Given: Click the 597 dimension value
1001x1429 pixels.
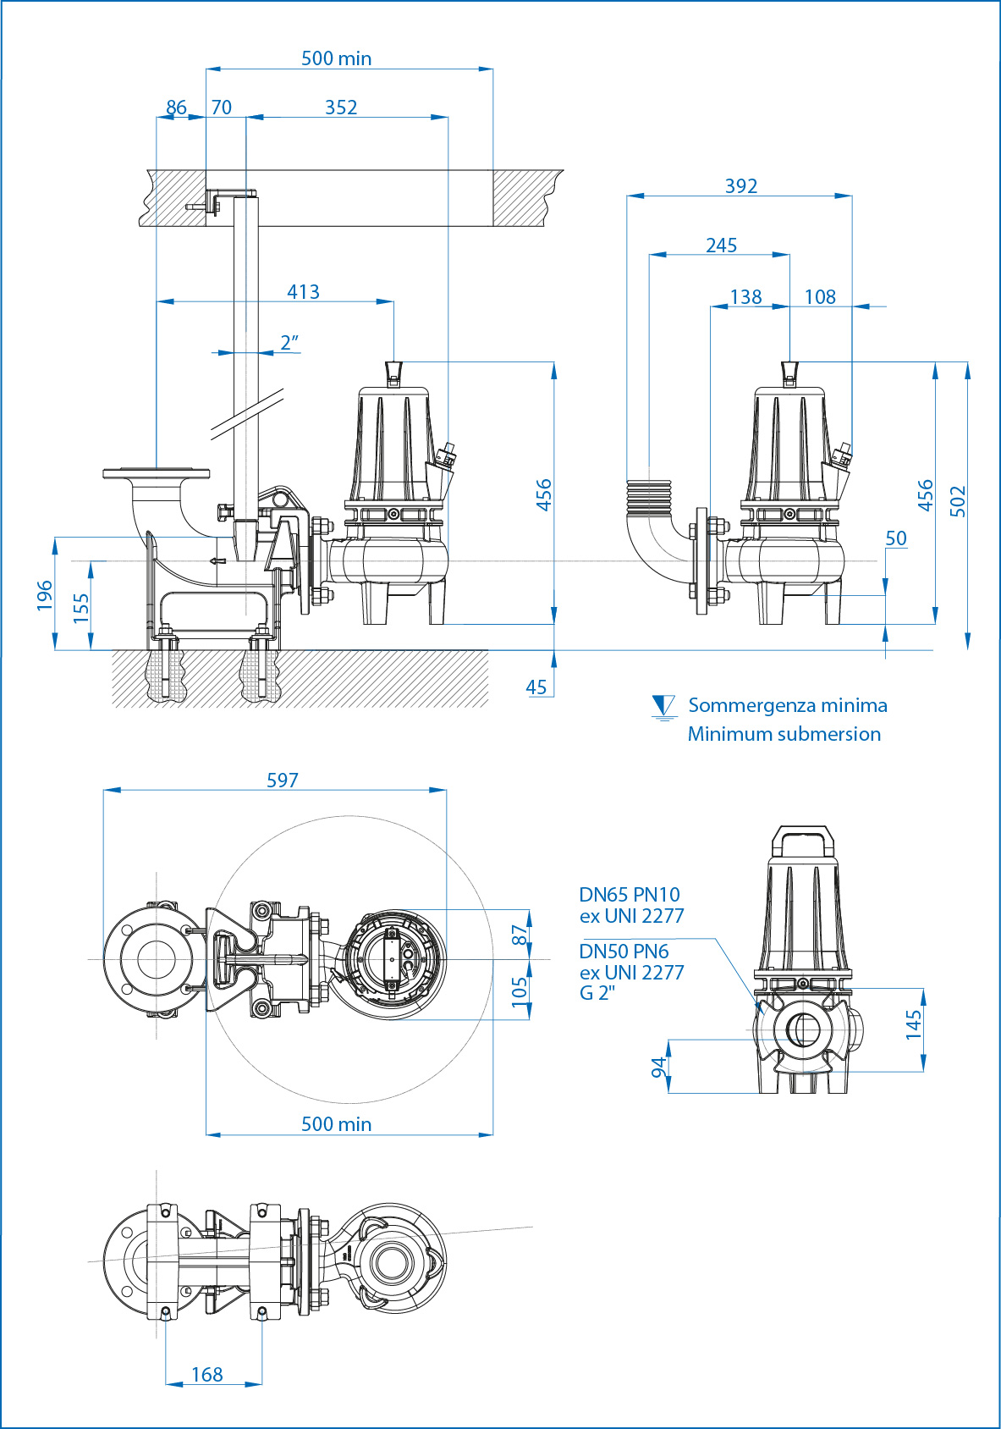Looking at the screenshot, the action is [283, 780].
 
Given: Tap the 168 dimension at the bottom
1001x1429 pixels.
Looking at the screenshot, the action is [207, 1374].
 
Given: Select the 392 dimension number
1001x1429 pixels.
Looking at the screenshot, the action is [741, 185].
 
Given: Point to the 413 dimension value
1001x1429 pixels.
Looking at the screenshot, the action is [303, 291].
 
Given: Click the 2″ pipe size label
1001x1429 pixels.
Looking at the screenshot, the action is [289, 343].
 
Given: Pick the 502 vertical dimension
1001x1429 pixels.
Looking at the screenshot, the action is [957, 501].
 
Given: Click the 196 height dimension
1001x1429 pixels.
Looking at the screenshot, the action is [44, 595].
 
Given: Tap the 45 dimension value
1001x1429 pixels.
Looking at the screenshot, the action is [536, 687].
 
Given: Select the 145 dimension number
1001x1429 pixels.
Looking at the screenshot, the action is [913, 1024].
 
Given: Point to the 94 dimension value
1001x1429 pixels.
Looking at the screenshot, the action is [658, 1068].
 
